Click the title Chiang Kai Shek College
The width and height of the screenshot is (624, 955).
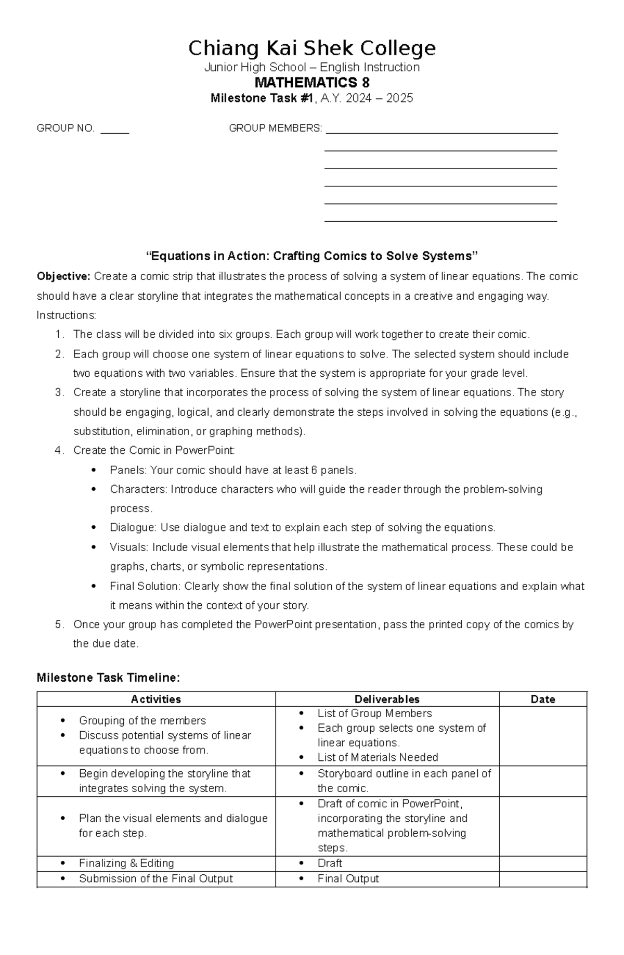point(311,48)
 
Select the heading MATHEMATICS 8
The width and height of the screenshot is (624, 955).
point(311,83)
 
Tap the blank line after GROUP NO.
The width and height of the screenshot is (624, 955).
point(114,130)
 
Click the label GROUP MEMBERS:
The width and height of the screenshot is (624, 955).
point(275,128)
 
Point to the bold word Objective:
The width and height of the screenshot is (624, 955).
point(63,276)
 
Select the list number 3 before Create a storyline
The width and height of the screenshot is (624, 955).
point(59,392)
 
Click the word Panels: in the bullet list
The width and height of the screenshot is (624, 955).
point(128,470)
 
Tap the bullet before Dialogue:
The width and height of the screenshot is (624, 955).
point(94,528)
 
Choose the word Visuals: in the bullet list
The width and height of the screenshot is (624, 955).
point(129,547)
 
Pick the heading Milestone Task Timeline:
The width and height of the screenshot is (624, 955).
point(108,678)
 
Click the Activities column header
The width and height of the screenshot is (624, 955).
point(156,699)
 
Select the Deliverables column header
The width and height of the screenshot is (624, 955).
point(387,699)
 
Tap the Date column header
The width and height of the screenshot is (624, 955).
point(542,699)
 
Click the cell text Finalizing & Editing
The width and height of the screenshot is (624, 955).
point(126,863)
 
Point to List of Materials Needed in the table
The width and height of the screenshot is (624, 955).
point(378,758)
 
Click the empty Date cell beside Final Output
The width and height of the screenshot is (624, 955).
point(542,879)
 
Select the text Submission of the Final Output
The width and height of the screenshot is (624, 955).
point(155,879)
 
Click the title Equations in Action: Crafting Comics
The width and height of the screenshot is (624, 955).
point(311,256)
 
